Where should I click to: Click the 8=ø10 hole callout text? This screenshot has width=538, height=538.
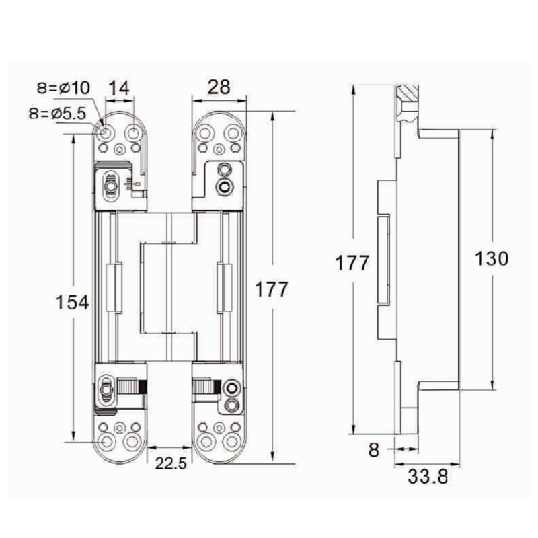tap(63, 88)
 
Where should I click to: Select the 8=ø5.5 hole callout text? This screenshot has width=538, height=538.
tap(57, 113)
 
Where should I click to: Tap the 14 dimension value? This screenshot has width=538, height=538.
tap(119, 88)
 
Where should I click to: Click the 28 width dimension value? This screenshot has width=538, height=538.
tap(219, 87)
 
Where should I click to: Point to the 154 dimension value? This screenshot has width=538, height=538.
tap(73, 303)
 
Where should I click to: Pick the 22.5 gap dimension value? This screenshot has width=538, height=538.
tap(171, 463)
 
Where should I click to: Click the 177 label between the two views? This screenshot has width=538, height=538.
tap(272, 290)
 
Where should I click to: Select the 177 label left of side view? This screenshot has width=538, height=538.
tap(352, 263)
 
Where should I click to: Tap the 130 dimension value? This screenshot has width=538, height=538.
tap(492, 259)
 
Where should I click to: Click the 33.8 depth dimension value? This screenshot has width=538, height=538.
tap(428, 477)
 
